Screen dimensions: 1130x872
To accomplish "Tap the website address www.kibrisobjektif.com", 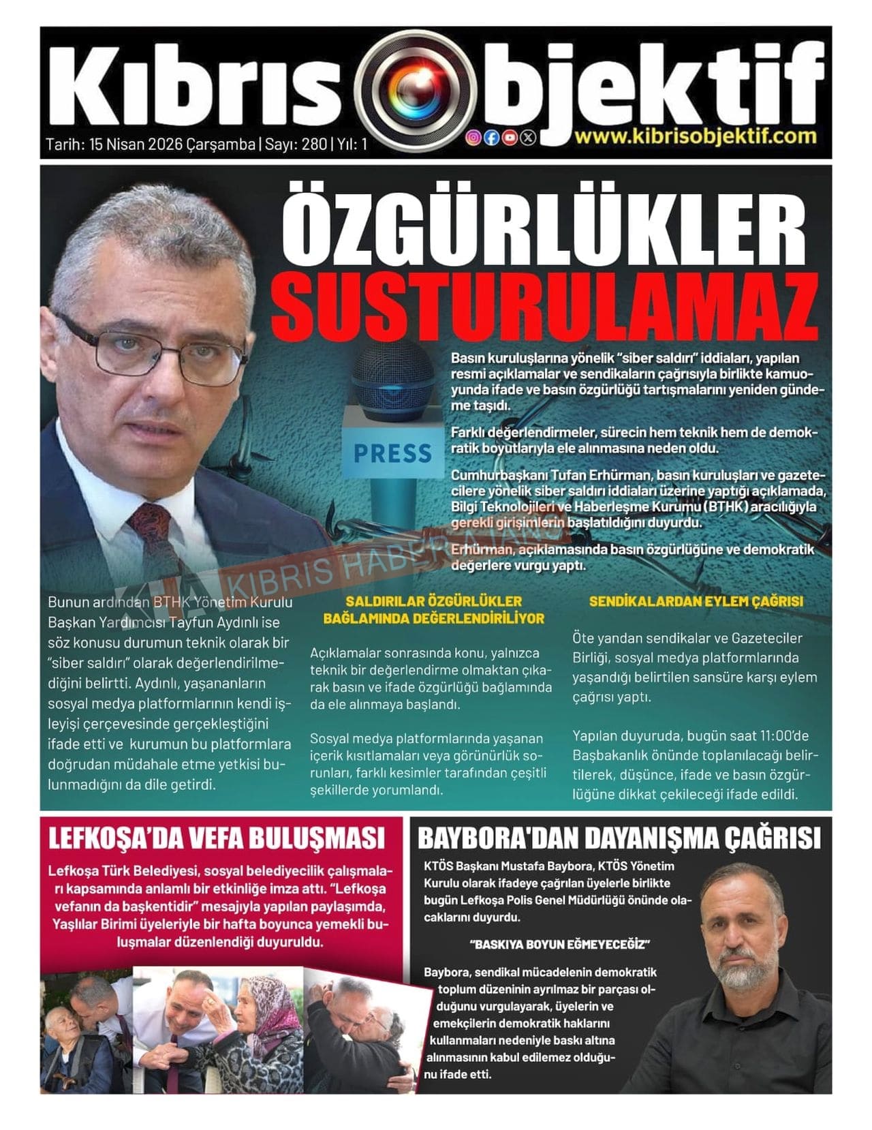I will [x=695, y=135].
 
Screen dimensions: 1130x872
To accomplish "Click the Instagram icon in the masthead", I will [x=473, y=137].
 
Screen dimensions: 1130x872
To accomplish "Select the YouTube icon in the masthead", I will [x=510, y=137].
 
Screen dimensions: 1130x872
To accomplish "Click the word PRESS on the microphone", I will [x=392, y=453].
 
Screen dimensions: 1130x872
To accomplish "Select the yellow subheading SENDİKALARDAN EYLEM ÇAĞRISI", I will [x=696, y=601].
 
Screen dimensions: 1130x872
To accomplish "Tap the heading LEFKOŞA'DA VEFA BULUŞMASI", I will [x=217, y=837].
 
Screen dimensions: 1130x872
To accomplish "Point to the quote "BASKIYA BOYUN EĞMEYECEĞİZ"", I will [x=559, y=945].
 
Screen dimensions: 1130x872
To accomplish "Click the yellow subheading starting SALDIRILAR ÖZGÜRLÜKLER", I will [x=433, y=609].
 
